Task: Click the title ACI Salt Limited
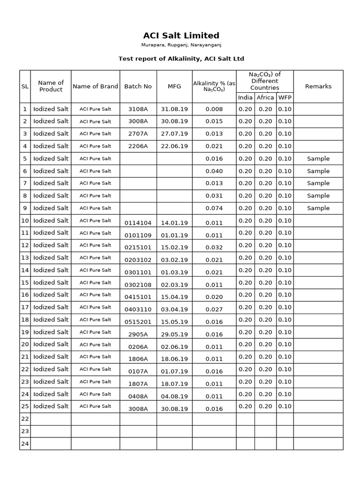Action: click(x=181, y=36)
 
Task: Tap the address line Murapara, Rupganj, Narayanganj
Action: click(x=181, y=45)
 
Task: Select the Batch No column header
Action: click(x=138, y=86)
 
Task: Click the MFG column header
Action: click(x=174, y=86)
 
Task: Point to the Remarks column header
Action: click(x=318, y=86)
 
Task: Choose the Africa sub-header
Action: click(x=265, y=97)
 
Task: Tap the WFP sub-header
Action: click(x=285, y=97)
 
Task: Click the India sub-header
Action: click(x=245, y=97)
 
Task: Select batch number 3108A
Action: click(x=138, y=109)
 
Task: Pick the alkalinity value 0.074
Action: click(x=214, y=208)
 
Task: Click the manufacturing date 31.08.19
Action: click(x=174, y=109)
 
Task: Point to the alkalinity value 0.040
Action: click(x=214, y=171)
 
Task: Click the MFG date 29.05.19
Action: click(x=174, y=335)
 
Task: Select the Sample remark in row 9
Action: click(x=318, y=208)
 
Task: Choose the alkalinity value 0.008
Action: click(x=214, y=109)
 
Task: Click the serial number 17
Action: click(x=25, y=307)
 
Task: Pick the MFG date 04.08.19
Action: click(x=174, y=397)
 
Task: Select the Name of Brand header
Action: click(x=95, y=86)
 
